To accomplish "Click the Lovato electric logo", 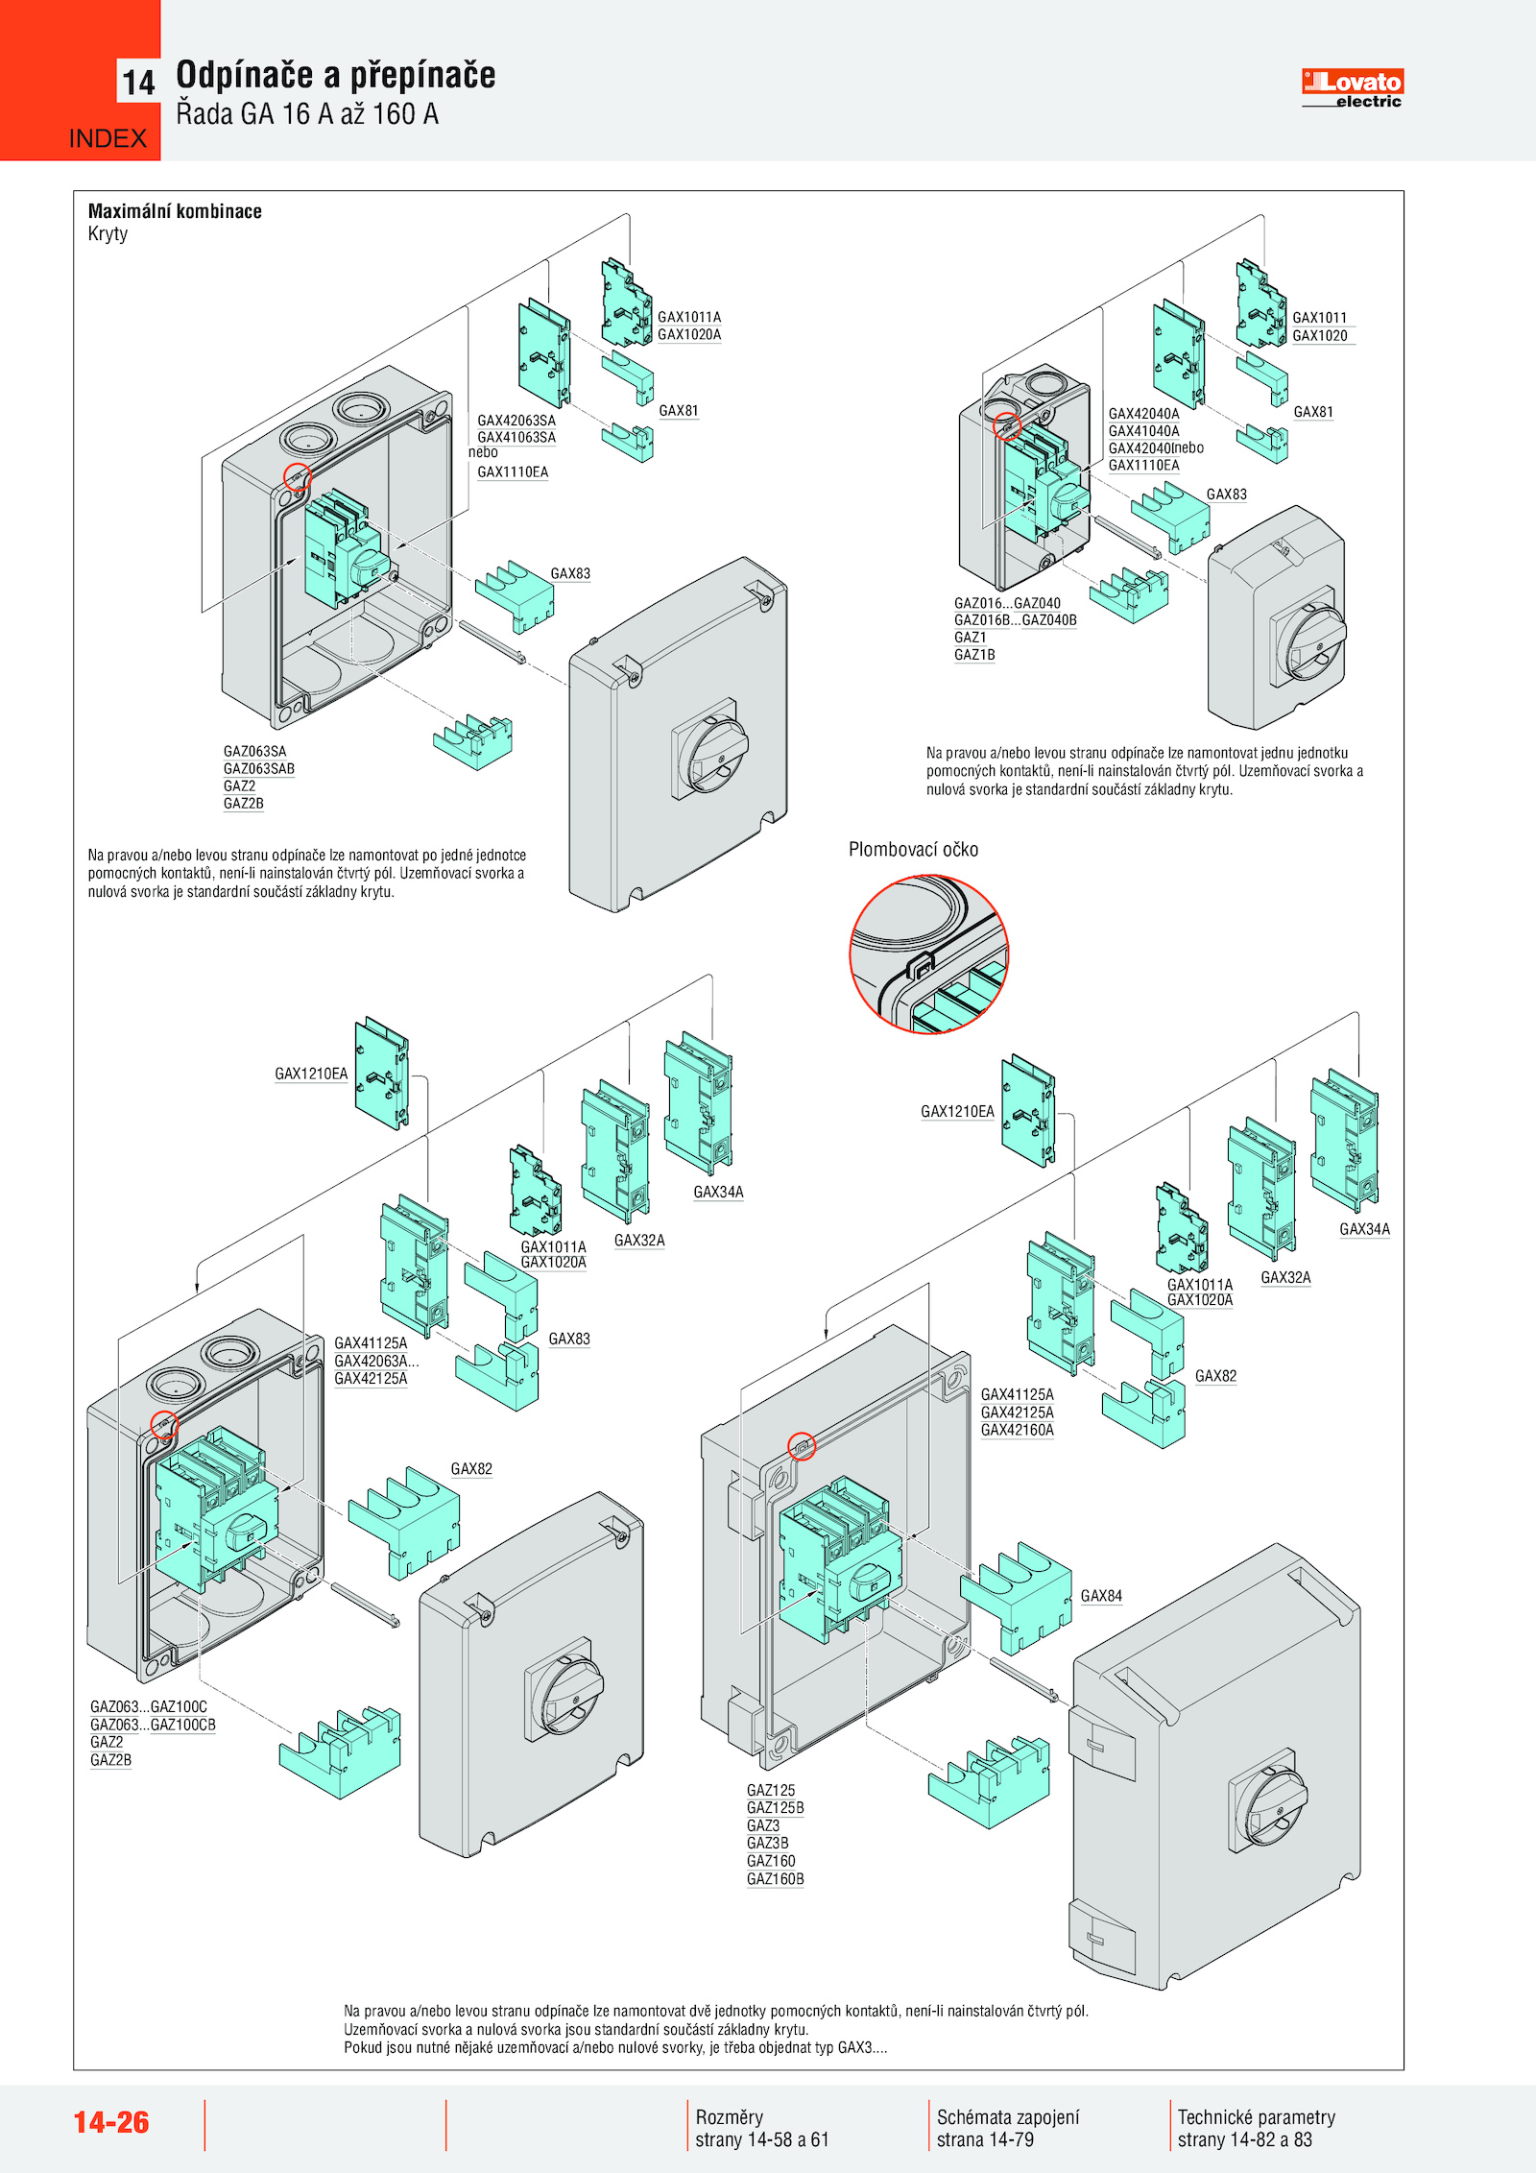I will click(x=1352, y=87).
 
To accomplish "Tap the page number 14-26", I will click(x=111, y=2122).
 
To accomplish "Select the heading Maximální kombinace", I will click(x=175, y=211).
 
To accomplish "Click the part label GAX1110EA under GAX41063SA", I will click(x=513, y=472).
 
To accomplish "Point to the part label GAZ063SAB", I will click(x=259, y=769).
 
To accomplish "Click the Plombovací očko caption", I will click(x=913, y=850).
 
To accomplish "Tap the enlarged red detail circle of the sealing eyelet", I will click(x=928, y=954).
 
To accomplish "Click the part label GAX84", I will click(x=1101, y=1596).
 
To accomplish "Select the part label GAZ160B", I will click(x=776, y=1879).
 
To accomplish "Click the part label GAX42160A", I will click(x=1018, y=1430).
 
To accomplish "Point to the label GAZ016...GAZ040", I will click(x=1007, y=603).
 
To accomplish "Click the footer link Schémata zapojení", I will click(x=1008, y=2117).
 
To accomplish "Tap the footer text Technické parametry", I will click(x=1256, y=2117).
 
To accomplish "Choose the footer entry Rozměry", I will click(x=730, y=2117).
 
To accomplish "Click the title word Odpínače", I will click(x=245, y=75).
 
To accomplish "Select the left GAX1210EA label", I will click(x=311, y=1074).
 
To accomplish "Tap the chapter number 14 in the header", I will click(x=138, y=83).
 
